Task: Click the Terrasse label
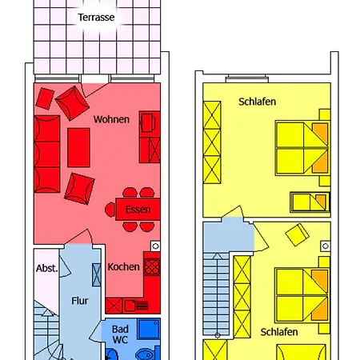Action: point(96,18)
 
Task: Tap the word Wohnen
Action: point(111,119)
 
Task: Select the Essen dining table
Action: point(138,210)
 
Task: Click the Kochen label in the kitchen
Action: point(123,266)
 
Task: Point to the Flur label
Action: point(80,301)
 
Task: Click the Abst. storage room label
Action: point(47,268)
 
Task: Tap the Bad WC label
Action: point(120,334)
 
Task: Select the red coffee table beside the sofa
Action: point(78,147)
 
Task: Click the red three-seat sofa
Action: point(47,154)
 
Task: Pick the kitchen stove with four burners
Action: point(152,267)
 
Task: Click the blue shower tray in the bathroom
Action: point(149,330)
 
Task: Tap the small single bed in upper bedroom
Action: point(310,202)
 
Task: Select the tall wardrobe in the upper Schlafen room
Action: point(212,142)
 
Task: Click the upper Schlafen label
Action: point(257,102)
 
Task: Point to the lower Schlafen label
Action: point(279,332)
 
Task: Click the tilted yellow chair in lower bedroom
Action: point(297,234)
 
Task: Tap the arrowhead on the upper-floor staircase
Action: point(218,256)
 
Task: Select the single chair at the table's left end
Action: point(110,210)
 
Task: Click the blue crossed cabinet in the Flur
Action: point(97,275)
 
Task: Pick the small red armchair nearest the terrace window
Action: point(45,98)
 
